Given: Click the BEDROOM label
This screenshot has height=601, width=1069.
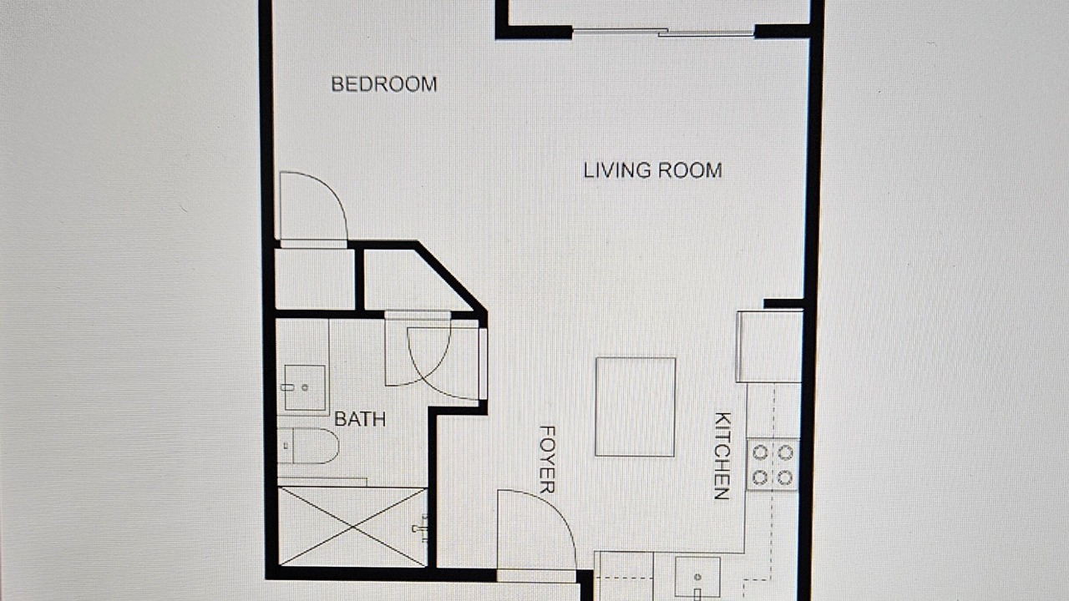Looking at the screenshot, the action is point(384,84).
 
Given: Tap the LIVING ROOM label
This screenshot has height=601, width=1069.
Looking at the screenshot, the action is point(653,171).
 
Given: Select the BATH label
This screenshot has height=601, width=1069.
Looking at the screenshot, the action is point(360,419).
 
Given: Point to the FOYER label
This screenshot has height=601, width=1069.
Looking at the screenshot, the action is point(547,460).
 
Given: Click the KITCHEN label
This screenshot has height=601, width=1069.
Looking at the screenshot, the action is point(722,456).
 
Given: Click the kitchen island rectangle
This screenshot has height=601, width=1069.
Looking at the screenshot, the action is point(636,407).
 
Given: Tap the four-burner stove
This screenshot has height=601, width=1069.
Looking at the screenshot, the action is point(773,465).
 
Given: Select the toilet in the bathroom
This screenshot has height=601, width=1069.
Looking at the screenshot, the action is point(308,446).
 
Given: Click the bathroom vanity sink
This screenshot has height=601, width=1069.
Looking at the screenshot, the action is point(305,388).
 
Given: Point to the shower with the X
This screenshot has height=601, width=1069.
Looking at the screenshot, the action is point(352,527).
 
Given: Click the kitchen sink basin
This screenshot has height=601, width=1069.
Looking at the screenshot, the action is point(697,577).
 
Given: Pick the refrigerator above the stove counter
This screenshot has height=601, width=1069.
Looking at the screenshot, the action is point(770,346).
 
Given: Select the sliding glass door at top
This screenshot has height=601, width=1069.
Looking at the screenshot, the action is point(663,33).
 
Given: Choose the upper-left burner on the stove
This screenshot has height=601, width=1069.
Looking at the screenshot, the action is point(760,452).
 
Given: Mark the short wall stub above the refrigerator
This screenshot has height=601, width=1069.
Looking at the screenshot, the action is point(783,303).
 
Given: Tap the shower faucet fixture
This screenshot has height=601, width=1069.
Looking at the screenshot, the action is point(420,528).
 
